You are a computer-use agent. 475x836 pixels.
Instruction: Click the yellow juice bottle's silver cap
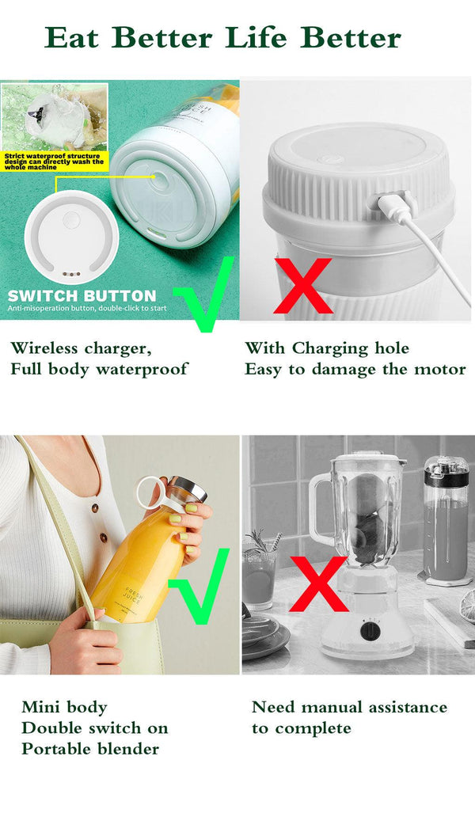tap(189, 490)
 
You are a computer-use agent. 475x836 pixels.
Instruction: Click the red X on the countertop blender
tap(318, 583)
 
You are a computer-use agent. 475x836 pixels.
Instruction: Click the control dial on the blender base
tap(370, 631)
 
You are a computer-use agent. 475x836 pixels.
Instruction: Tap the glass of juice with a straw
tap(259, 574)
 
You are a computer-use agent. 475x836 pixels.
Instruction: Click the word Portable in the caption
tap(56, 749)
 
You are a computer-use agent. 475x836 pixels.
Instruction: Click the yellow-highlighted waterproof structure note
tap(52, 161)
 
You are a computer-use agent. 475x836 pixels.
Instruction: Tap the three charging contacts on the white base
tap(71, 275)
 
